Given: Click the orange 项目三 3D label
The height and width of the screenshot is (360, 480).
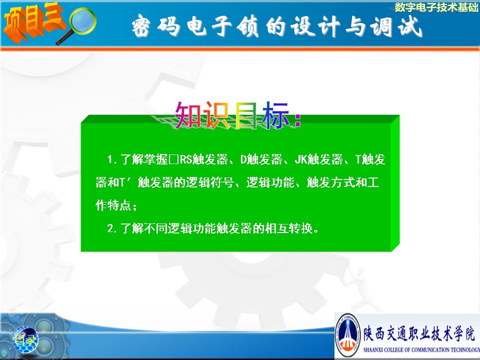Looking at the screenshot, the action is [x=33, y=22].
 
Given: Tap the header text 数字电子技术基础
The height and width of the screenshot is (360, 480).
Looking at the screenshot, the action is [x=436, y=7].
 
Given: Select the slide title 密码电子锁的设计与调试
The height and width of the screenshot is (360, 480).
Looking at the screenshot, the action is [x=277, y=26].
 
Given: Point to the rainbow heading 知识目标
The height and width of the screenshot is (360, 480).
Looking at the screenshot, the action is [x=237, y=115].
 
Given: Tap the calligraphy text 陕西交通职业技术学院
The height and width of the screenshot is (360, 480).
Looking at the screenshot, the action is [x=419, y=333].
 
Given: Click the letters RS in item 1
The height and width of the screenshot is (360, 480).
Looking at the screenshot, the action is [x=185, y=159].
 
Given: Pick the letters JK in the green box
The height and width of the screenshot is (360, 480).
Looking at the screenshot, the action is [x=300, y=159].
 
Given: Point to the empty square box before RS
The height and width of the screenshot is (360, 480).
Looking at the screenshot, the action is [x=173, y=160].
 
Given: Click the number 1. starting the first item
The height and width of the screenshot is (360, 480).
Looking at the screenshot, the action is [x=111, y=159].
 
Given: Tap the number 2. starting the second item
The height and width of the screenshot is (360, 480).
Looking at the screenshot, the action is [x=111, y=228].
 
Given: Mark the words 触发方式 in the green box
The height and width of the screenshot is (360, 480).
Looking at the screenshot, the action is [x=331, y=182].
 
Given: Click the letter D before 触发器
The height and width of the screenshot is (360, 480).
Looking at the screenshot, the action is [x=243, y=159].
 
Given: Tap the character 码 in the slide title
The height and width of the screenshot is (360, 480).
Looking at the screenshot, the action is [x=168, y=26].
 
